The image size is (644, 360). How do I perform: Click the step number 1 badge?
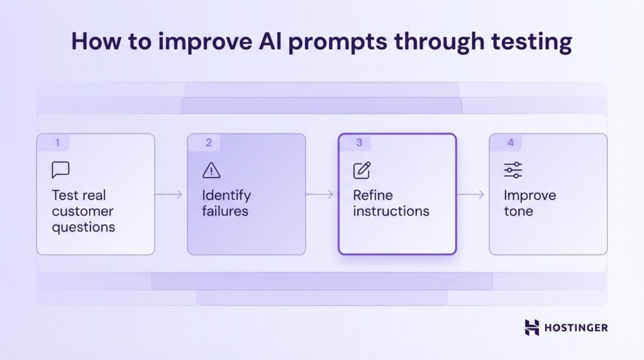[x=57, y=143]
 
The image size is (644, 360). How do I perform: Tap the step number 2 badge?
[x=208, y=143]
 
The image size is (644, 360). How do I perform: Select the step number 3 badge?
[x=359, y=143]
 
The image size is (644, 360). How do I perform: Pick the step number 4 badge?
[x=510, y=143]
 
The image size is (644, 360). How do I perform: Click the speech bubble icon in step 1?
[x=60, y=170]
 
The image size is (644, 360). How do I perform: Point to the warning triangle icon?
[x=211, y=170]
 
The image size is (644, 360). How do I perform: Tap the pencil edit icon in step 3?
[x=362, y=170]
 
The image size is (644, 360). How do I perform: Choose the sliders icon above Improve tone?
[x=513, y=170]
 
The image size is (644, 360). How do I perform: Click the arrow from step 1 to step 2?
[x=169, y=194]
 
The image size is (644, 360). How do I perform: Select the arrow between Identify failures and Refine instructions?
[x=319, y=194]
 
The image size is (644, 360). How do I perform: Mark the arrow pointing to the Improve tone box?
[x=470, y=194]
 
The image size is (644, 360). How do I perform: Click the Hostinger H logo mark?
[x=532, y=327]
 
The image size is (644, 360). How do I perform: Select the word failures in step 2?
[x=225, y=211]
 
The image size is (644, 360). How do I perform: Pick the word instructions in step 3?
[x=391, y=211]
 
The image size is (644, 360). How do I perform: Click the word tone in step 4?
[x=518, y=211]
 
